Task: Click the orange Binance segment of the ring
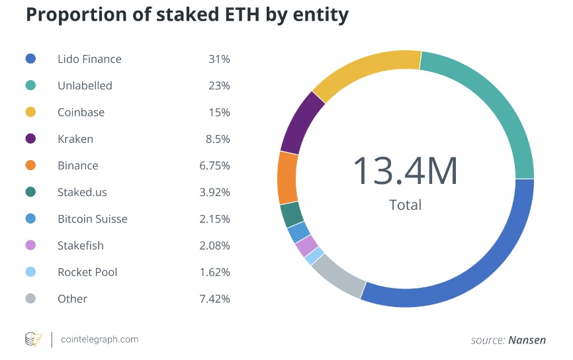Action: pyautogui.click(x=288, y=177)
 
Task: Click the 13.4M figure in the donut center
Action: pyautogui.click(x=405, y=170)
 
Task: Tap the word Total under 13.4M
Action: pyautogui.click(x=405, y=204)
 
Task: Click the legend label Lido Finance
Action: pyautogui.click(x=89, y=59)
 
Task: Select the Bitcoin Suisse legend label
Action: pyautogui.click(x=92, y=219)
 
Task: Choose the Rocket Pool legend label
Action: pyautogui.click(x=87, y=272)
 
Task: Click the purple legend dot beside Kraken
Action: pyautogui.click(x=30, y=139)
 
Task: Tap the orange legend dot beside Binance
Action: pyautogui.click(x=30, y=165)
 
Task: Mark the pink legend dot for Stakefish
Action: pyautogui.click(x=30, y=246)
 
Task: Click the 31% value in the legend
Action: pyautogui.click(x=219, y=59)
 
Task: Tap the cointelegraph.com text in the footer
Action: pyautogui.click(x=99, y=339)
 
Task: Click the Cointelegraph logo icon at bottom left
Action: pyautogui.click(x=33, y=339)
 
